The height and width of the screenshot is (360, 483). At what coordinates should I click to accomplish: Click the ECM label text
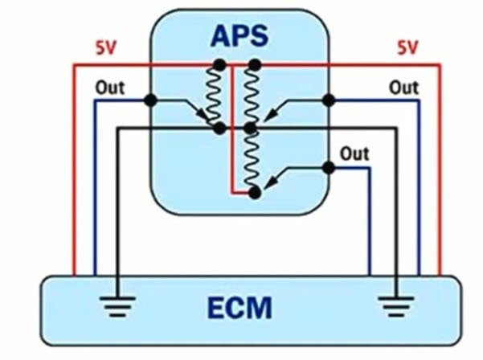tap(239, 307)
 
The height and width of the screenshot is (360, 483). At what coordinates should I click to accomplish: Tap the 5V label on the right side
tap(407, 47)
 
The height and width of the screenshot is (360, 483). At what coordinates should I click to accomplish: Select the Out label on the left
tap(110, 87)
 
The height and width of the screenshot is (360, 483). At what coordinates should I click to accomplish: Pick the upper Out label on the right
tap(403, 87)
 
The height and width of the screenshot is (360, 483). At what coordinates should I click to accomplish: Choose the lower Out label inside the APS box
tap(354, 153)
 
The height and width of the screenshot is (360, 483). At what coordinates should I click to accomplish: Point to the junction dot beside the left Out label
tap(150, 100)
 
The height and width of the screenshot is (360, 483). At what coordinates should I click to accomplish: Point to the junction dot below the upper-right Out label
tap(328, 100)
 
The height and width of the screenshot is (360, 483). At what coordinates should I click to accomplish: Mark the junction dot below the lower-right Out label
tap(328, 167)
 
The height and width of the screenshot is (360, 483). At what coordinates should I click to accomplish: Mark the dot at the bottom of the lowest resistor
tap(254, 193)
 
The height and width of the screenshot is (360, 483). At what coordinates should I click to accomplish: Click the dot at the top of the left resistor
tap(218, 63)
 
